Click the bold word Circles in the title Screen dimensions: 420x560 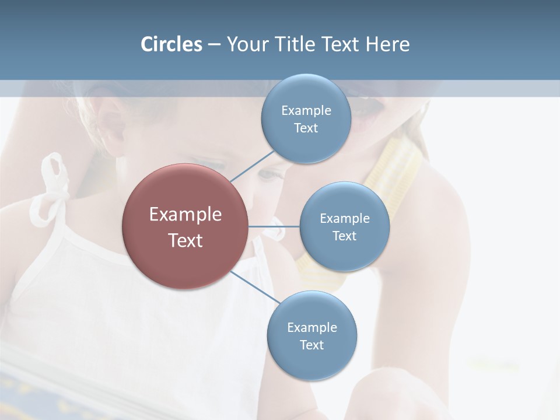(x=171, y=44)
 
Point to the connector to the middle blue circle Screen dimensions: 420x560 (x=274, y=226)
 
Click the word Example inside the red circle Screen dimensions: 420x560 (x=185, y=215)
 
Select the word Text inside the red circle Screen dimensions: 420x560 (x=185, y=240)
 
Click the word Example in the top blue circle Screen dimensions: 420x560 (x=306, y=110)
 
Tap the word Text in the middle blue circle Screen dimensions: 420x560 (x=344, y=236)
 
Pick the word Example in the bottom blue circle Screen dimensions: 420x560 (x=312, y=327)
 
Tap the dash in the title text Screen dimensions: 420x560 (x=214, y=45)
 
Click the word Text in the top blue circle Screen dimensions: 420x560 (x=306, y=128)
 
